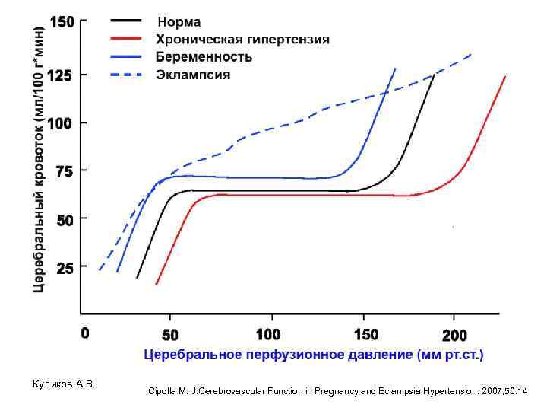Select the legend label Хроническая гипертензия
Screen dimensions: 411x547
click(x=242, y=39)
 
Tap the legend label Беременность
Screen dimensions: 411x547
click(x=204, y=57)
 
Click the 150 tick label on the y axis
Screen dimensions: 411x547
click(x=62, y=22)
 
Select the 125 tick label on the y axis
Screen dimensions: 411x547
click(x=62, y=75)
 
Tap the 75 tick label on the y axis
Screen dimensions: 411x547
click(x=65, y=173)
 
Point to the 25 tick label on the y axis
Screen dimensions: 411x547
click(x=65, y=269)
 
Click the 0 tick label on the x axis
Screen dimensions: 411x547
click(x=85, y=333)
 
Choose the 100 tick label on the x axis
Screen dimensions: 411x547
click(x=268, y=334)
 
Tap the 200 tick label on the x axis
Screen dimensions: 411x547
click(x=454, y=334)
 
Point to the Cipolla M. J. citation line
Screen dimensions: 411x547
click(x=338, y=391)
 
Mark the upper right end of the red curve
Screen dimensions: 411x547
click(x=505, y=76)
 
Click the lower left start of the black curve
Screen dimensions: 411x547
click(x=137, y=278)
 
